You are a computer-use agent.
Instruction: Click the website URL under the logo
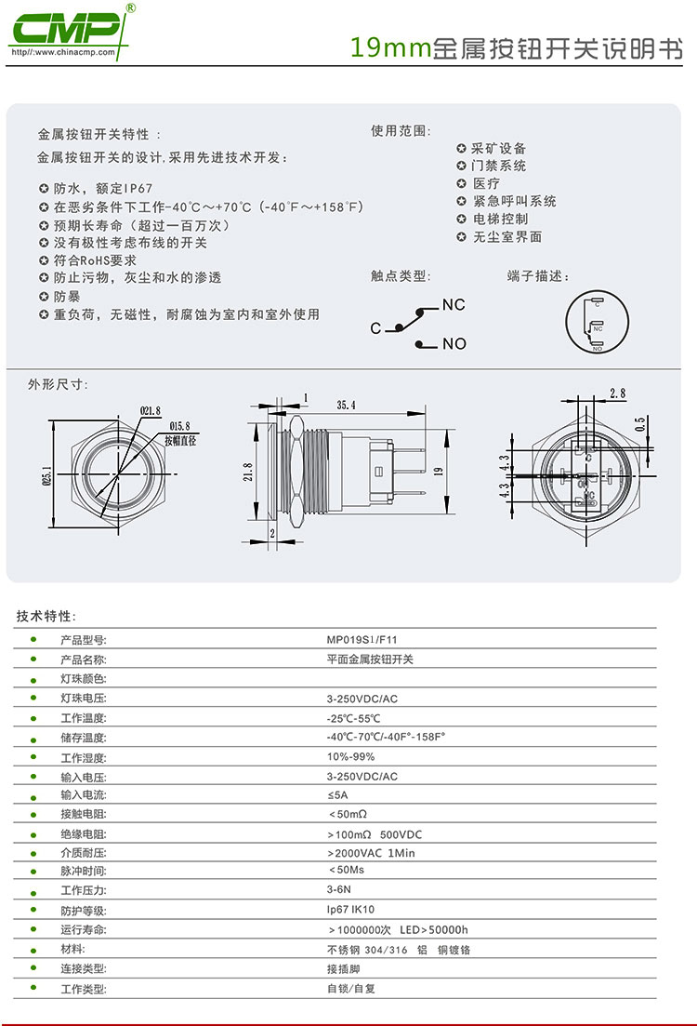pos(63,52)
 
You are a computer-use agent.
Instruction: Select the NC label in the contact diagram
pos(454,305)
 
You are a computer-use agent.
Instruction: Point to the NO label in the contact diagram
pos(454,344)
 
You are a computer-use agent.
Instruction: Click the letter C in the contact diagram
pos(375,328)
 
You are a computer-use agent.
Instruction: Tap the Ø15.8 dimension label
pos(179,427)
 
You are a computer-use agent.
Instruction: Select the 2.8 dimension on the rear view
pos(617,393)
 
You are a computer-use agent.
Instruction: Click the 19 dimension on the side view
pos(438,472)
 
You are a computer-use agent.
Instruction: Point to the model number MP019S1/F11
pos(362,640)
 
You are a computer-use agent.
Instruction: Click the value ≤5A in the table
pos(337,795)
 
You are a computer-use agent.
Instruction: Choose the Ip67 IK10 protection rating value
pos(350,910)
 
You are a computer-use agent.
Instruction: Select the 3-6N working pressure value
pos(338,890)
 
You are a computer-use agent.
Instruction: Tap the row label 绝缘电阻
pos(83,834)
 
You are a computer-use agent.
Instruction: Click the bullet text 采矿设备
pos(499,149)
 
